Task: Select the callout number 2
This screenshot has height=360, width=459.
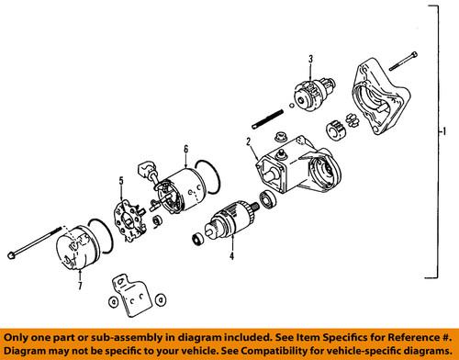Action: pyautogui.click(x=248, y=141)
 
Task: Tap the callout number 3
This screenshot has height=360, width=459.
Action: pyautogui.click(x=311, y=60)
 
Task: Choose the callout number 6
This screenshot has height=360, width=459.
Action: pyautogui.click(x=185, y=148)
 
